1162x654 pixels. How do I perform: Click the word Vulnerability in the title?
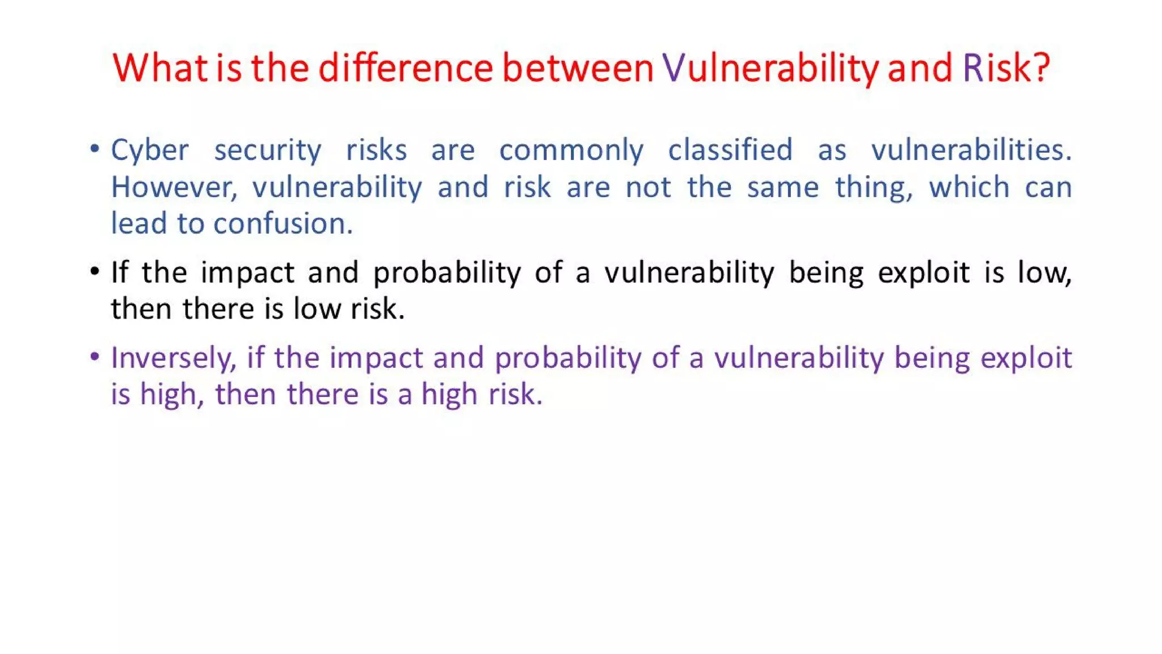[x=771, y=68]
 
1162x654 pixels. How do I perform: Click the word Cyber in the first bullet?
[x=149, y=151]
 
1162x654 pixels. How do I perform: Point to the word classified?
[x=730, y=150]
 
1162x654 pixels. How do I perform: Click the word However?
[x=174, y=187]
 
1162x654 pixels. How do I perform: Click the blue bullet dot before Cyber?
[x=95, y=149]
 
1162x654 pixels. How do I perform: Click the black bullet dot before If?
[x=95, y=271]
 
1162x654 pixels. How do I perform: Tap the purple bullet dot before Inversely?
[x=95, y=357]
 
